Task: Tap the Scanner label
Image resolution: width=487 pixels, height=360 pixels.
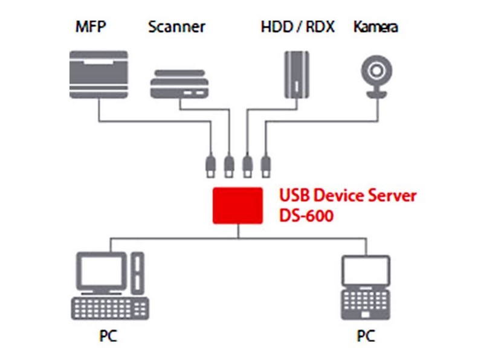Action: pos(176,27)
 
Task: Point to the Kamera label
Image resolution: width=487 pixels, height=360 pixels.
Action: pos(376,27)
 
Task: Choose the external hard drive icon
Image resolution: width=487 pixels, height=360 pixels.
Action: pos(296,74)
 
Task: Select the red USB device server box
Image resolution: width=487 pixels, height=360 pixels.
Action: pos(237,205)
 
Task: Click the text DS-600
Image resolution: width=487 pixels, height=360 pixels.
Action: pos(306,215)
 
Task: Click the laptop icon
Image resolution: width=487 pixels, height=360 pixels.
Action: pos(365,289)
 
